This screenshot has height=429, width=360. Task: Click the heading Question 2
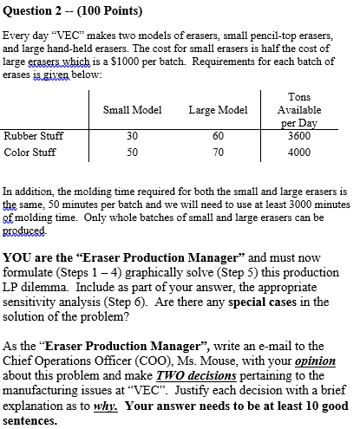pyautogui.click(x=33, y=10)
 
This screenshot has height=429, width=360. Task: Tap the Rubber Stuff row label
pyautogui.click(x=32, y=135)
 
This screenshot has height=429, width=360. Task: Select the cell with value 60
pyautogui.click(x=218, y=135)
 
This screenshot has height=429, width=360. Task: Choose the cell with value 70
pyautogui.click(x=218, y=152)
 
